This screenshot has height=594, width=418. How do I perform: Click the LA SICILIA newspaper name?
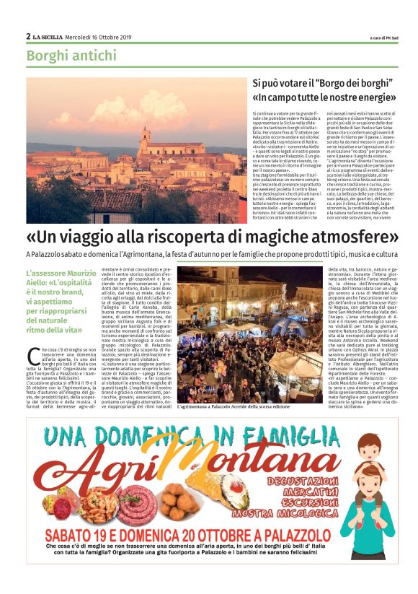click(51, 36)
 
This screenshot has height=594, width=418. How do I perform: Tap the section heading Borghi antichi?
click(71, 56)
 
